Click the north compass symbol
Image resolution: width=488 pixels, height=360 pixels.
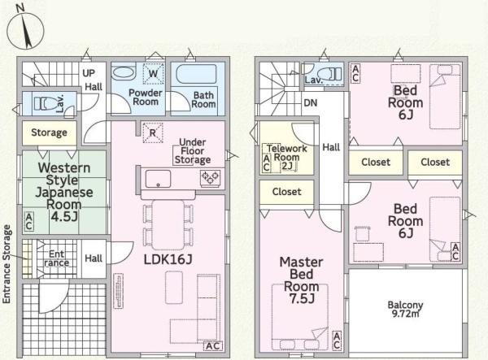[25, 29]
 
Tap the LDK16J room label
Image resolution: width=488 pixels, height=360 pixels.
[168, 259]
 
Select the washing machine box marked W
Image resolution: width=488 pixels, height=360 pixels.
[153, 74]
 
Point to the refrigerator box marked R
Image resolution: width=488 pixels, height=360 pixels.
[153, 132]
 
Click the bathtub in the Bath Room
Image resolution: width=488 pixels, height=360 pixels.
[196, 74]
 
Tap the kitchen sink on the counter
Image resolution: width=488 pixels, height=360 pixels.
[158, 179]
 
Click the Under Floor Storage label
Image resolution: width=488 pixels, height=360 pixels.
[193, 151]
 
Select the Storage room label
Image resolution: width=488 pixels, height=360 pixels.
[49, 132]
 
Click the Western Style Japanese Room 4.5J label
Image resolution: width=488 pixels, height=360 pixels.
[64, 192]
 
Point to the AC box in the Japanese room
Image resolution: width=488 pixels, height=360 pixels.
[29, 221]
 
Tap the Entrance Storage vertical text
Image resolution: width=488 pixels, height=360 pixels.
[7, 264]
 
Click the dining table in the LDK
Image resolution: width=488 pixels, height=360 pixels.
[168, 225]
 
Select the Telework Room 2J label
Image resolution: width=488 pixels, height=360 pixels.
[286, 158]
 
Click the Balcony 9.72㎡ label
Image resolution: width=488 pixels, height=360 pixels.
[405, 309]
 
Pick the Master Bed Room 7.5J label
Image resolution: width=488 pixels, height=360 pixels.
[301, 280]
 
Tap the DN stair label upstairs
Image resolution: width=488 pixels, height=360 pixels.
[311, 103]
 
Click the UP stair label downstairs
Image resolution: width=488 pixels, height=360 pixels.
[89, 73]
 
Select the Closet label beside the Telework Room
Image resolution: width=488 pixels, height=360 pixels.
[286, 192]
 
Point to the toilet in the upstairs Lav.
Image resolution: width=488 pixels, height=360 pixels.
[331, 74]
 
